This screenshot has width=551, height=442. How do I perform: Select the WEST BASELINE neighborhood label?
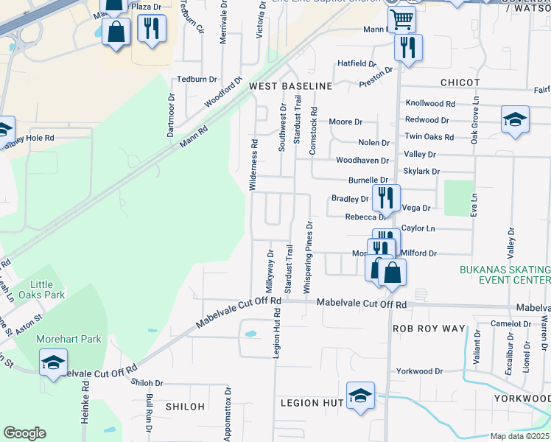tap(290, 86)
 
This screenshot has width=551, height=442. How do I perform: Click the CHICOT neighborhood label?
tap(460, 83)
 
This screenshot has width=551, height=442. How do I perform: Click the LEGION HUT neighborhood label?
tap(312, 403)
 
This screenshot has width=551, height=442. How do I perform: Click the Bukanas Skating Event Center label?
tap(505, 275)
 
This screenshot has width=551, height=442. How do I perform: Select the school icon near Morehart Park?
tap(53, 362)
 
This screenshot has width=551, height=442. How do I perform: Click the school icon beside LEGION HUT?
tap(360, 395)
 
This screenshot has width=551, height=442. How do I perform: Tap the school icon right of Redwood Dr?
tap(515, 120)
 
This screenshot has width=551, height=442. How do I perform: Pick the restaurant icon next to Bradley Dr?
tap(385, 197)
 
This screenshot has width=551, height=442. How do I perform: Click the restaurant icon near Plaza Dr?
tap(151, 29)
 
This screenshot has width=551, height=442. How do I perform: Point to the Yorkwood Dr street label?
tap(419, 371)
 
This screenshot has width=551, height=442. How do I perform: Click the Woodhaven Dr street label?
tap(362, 160)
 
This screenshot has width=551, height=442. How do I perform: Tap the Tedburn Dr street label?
tap(197, 79)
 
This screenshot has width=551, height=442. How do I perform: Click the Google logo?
tap(24, 433)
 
